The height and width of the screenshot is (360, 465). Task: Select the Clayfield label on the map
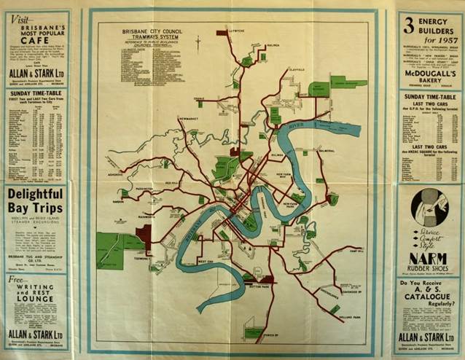pyautogui.click(x=294, y=71)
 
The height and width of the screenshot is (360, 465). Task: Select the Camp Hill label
pyautogui.click(x=356, y=251)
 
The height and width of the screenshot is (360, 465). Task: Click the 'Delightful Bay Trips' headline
pyautogui.click(x=36, y=202)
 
